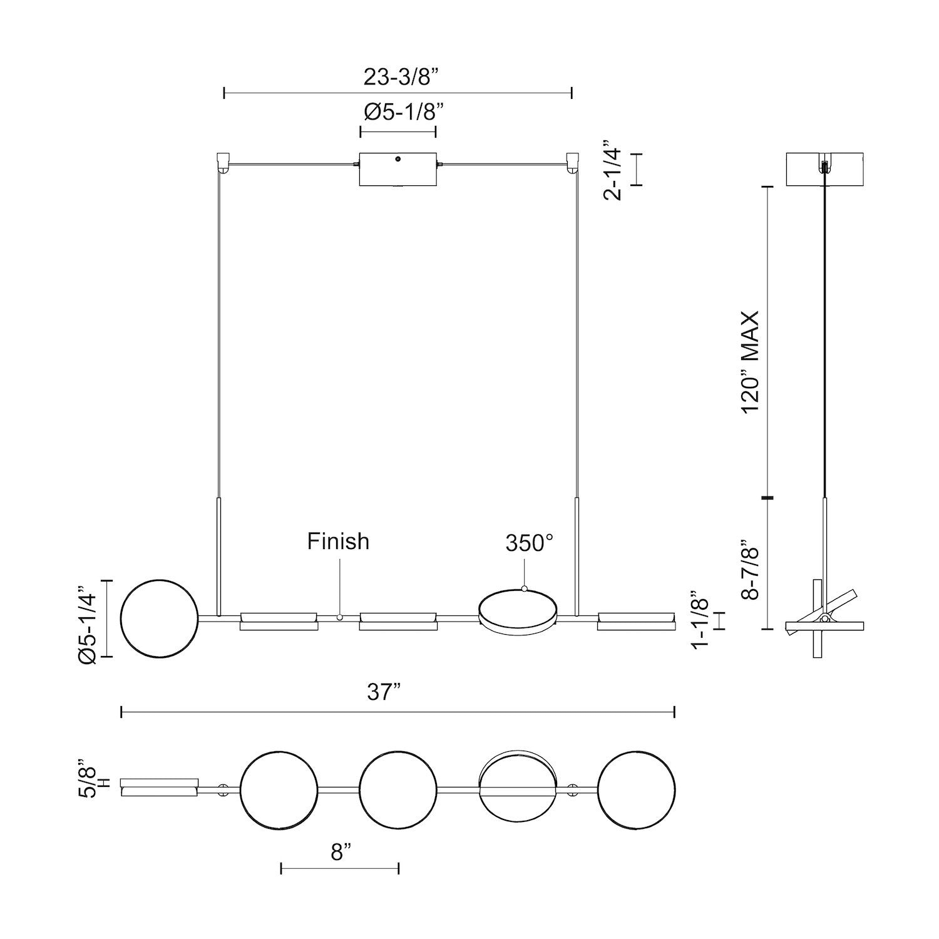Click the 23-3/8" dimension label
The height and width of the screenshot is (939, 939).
(398, 77)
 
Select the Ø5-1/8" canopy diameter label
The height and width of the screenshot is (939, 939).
(398, 113)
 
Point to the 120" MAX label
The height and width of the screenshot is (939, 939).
(750, 361)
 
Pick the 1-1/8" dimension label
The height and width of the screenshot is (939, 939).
(700, 620)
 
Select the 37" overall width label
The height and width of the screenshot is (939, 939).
(384, 693)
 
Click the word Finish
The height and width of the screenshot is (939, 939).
(338, 541)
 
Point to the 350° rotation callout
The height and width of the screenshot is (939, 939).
(530, 543)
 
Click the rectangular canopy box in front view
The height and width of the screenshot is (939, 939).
(398, 169)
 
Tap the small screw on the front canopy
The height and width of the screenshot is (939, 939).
(398, 160)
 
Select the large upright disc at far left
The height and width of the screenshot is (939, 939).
(158, 618)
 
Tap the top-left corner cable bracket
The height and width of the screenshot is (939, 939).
(222, 162)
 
